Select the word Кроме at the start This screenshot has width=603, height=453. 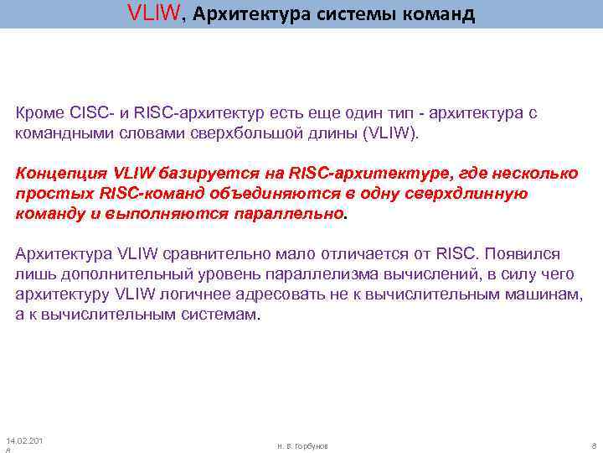tap(38, 113)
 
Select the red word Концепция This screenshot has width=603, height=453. tap(58, 174)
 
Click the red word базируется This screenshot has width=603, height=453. tap(234, 174)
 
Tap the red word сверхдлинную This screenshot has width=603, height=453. tap(475, 194)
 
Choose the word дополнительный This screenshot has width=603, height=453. tap(112, 274)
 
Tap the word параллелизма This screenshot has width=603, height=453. tap(315, 274)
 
